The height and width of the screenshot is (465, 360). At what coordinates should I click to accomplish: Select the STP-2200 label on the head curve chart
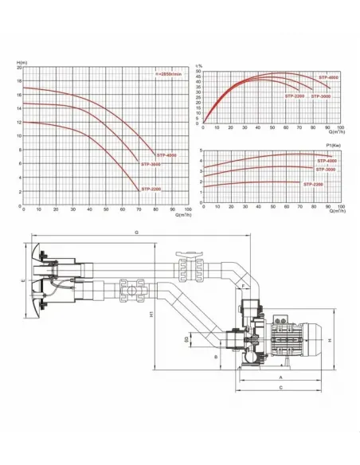click(x=152, y=190)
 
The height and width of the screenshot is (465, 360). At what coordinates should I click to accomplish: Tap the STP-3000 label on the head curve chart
click(x=152, y=164)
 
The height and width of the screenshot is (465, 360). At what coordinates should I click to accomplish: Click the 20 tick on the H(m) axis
click(x=19, y=68)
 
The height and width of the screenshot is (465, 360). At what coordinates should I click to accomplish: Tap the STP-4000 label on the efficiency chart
click(x=327, y=77)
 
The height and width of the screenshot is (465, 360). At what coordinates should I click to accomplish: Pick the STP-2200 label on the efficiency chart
click(x=294, y=96)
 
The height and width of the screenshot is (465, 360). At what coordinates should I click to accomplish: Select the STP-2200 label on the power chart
click(x=313, y=184)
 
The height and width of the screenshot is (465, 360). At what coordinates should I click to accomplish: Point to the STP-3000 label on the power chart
click(x=325, y=170)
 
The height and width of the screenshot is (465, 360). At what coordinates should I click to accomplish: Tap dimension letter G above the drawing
click(x=138, y=232)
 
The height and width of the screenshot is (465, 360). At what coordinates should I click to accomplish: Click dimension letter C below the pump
click(x=280, y=387)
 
